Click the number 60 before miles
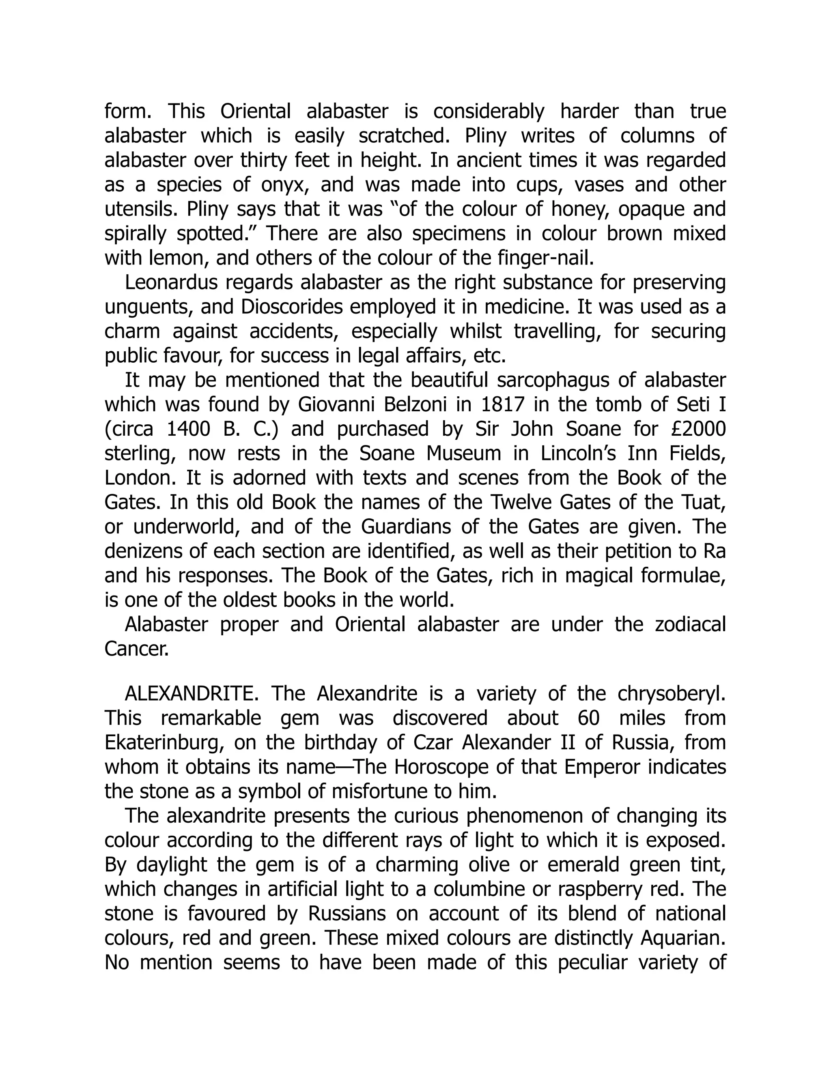point(588,718)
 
